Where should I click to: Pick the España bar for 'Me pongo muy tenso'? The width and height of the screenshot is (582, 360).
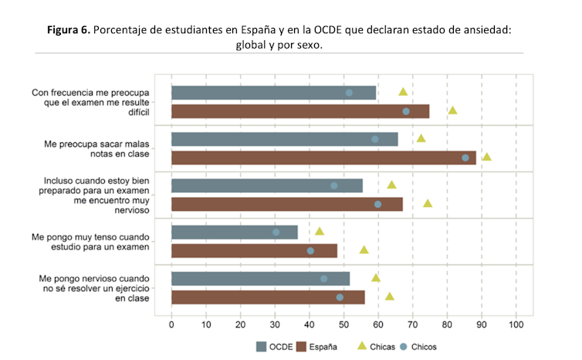pyautogui.click(x=254, y=250)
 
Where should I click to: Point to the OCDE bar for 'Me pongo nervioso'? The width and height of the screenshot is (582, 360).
pyautogui.click(x=260, y=278)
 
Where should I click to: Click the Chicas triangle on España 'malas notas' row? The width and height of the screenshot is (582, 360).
pyautogui.click(x=486, y=157)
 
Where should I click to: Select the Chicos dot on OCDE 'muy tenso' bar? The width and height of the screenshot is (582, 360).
pyautogui.click(x=276, y=232)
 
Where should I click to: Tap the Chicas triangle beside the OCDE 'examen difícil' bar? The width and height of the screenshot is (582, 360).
pyautogui.click(x=403, y=92)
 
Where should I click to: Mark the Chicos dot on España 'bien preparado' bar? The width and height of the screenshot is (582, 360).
pyautogui.click(x=377, y=204)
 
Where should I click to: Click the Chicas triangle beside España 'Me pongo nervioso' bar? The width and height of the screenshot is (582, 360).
pyautogui.click(x=390, y=296)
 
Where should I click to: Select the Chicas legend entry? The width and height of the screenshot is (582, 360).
pyautogui.click(x=376, y=347)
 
